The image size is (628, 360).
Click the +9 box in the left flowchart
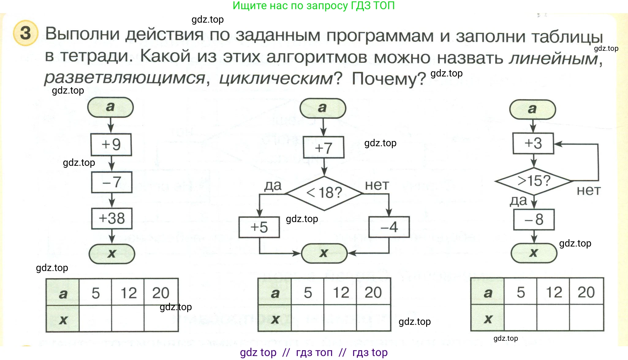point(111,144)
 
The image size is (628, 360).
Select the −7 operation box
point(112,182)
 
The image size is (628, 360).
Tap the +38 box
point(112,218)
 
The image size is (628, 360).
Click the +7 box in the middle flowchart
point(323,147)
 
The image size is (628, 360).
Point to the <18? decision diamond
point(324,193)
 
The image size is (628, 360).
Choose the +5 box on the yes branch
point(259,227)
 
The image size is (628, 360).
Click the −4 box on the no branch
point(389,227)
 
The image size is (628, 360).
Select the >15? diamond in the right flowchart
point(534,181)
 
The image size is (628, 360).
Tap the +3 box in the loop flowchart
point(533,143)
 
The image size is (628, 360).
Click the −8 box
point(534,220)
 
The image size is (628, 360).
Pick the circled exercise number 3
point(26,33)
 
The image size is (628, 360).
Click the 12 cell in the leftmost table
point(128,292)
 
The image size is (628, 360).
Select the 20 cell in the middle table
point(373,292)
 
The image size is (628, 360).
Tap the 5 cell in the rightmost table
point(520,292)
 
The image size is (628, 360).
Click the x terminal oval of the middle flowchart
point(324,253)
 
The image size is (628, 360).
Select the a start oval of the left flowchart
point(111,107)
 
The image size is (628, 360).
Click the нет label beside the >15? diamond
point(588,190)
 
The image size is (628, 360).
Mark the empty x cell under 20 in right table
point(586,318)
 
